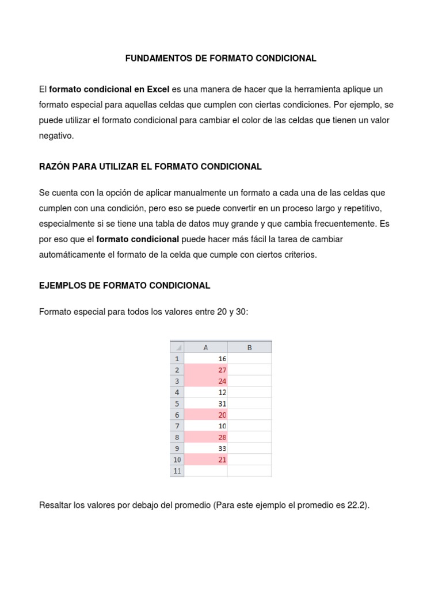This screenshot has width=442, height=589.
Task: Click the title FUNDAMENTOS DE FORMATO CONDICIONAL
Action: click(221, 59)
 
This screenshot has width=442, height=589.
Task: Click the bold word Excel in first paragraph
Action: click(158, 90)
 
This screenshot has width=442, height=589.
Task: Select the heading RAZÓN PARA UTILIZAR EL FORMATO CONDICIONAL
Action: click(150, 167)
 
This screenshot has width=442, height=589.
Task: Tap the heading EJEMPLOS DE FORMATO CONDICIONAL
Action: click(124, 285)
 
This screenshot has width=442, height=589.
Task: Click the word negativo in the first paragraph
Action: click(56, 136)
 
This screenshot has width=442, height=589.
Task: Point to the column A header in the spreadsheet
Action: click(205, 347)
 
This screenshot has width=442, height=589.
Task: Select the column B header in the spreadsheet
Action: click(249, 347)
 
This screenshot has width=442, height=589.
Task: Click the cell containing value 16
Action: click(205, 358)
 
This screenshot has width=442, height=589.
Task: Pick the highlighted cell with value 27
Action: click(205, 370)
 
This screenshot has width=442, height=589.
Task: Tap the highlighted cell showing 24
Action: click(205, 381)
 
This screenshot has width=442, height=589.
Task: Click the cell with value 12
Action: click(205, 392)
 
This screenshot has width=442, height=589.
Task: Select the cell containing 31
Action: click(205, 403)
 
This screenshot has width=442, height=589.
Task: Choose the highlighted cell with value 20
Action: click(205, 415)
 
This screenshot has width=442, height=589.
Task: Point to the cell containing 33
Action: click(205, 448)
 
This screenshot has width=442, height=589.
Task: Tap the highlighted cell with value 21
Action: click(205, 460)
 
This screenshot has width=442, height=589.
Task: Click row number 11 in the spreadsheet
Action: click(177, 471)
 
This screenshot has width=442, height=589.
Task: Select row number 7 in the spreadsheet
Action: click(177, 426)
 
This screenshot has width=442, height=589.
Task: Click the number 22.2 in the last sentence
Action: click(356, 506)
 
